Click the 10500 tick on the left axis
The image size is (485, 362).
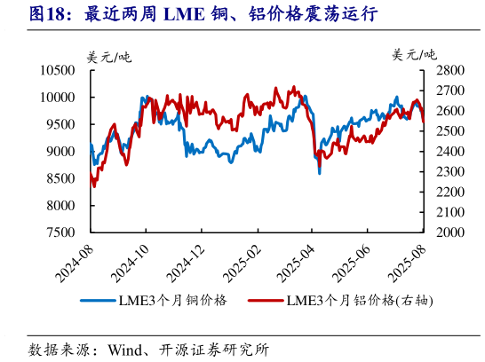pos(56,70)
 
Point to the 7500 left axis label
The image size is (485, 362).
pos(60,232)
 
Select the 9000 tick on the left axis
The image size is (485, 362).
pos(60,152)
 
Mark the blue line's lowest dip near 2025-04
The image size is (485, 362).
pos(320,173)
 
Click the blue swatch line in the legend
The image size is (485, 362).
pos(98,300)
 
